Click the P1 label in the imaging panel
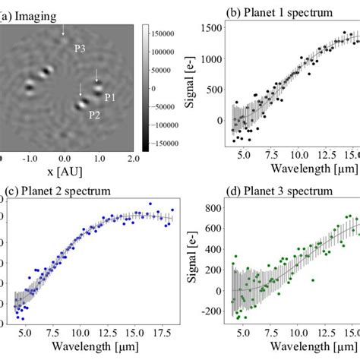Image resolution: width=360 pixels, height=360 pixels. click(109, 97)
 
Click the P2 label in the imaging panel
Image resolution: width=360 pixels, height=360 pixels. click(95, 115)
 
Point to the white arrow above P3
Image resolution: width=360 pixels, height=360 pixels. click(63, 30)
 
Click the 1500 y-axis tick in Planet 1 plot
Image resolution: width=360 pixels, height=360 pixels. click(212, 28)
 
